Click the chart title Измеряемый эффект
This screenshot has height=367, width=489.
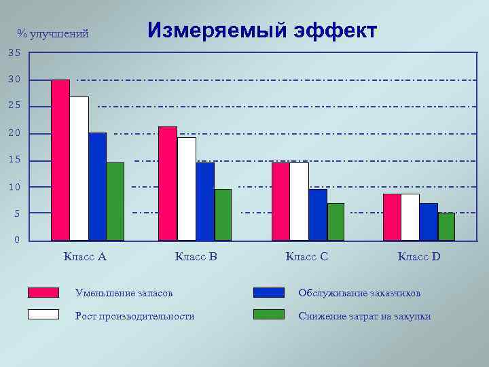tap(261, 31)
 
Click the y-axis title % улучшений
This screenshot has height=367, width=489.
tap(53, 34)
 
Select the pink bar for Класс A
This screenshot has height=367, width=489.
tap(60, 160)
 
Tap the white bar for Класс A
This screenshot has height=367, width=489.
tap(79, 169)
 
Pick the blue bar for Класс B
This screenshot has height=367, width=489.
tap(205, 201)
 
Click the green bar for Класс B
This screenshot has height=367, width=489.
tap(223, 215)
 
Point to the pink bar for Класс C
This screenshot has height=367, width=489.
tap(280, 201)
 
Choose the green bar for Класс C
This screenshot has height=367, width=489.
tap(336, 222)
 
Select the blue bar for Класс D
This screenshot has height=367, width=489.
tap(429, 222)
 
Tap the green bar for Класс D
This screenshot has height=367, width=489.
tap(446, 226)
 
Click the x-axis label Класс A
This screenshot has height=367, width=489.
tap(85, 257)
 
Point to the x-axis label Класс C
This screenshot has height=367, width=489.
tap(307, 257)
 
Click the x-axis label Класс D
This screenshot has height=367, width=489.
tap(419, 257)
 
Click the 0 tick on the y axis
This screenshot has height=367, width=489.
tap(17, 241)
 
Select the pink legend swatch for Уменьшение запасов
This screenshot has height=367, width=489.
tap(43, 292)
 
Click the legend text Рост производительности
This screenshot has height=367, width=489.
tap(134, 316)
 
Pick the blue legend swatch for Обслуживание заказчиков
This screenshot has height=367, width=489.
tap(268, 292)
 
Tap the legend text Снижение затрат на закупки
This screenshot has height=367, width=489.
tap(365, 316)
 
